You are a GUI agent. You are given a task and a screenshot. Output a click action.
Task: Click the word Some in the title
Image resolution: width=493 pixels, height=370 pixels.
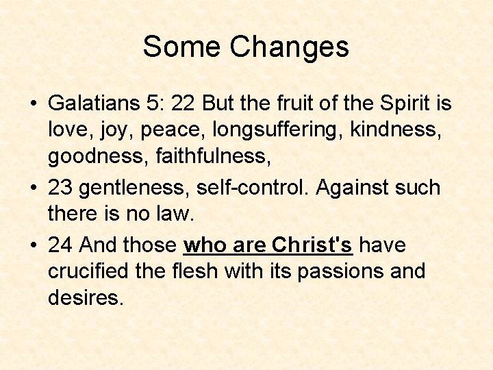182,47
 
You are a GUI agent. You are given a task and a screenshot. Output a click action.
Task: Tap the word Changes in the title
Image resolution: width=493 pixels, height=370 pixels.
290,47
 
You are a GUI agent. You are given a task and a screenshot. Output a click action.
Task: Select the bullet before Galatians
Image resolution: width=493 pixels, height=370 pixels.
34,104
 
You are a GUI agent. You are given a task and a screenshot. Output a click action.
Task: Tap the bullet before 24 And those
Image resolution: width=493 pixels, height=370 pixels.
34,244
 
